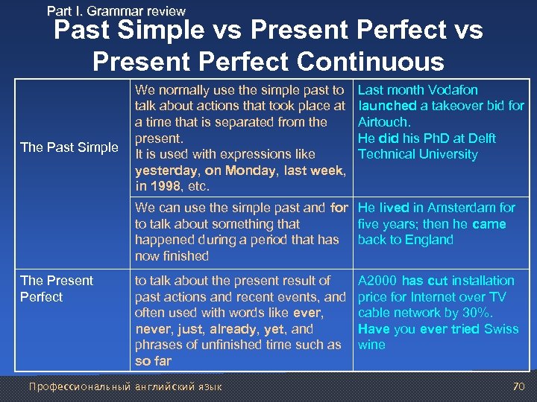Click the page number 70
518,386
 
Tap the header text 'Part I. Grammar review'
116,10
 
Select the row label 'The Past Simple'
69,147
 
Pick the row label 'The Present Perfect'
57,289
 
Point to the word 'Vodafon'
453,90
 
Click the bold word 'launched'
387,106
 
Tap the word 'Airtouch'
383,122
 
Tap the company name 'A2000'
377,281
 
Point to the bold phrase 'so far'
153,361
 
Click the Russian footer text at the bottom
125,386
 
